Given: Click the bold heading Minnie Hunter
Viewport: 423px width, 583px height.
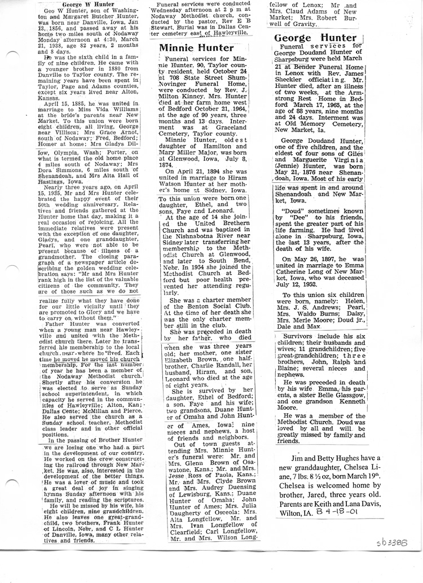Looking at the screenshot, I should pyautogui.click(x=196, y=47).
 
